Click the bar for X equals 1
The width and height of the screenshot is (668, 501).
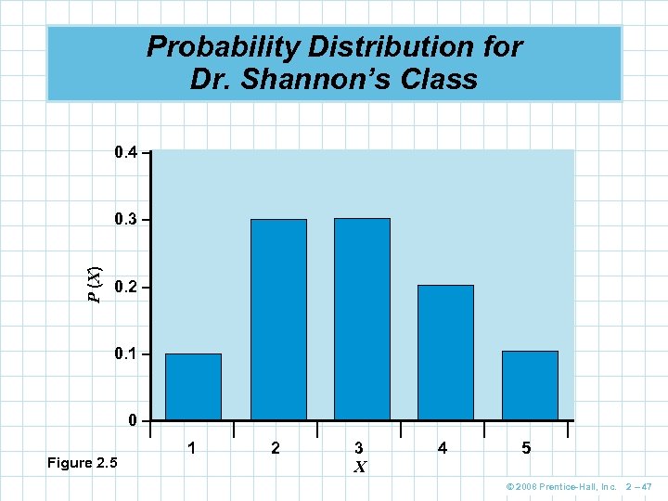[x=193, y=387]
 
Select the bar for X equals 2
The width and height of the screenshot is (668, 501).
[x=278, y=319]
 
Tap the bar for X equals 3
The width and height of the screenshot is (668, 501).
[x=362, y=319]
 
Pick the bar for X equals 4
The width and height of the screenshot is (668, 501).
[x=445, y=353]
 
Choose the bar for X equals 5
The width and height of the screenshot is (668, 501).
[x=530, y=385]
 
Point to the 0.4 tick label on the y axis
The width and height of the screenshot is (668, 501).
[x=125, y=151]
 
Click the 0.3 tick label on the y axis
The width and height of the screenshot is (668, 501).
[x=125, y=220]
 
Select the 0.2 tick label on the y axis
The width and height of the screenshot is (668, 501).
[x=125, y=288]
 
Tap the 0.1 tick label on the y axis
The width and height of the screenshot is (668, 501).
[x=125, y=355]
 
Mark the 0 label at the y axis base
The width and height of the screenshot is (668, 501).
[x=134, y=421]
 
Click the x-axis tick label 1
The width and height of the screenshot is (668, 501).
[x=191, y=448]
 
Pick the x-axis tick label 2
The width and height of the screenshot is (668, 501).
[x=276, y=448]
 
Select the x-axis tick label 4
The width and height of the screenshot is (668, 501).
[x=443, y=448]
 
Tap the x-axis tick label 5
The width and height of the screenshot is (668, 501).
[x=526, y=448]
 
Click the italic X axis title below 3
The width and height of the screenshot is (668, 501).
[x=359, y=468]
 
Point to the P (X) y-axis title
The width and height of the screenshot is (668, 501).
[x=94, y=283]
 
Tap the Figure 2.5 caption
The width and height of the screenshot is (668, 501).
[x=82, y=463]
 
